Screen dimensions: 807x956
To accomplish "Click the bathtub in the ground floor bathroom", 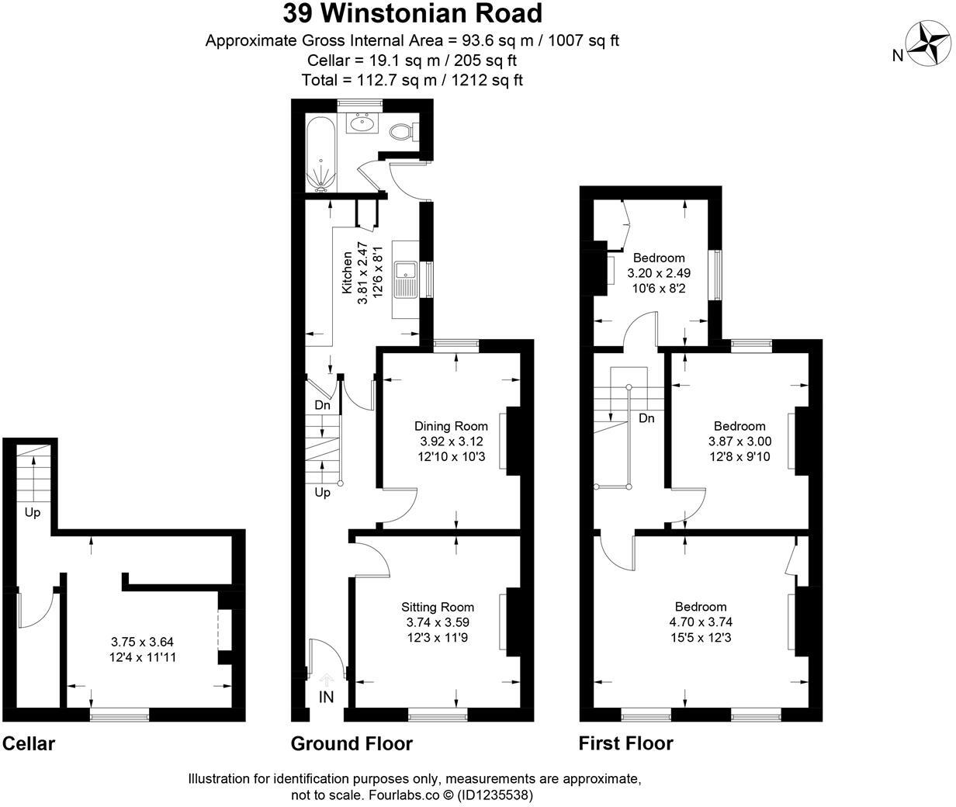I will point(320,154).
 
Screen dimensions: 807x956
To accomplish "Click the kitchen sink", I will point(406,280).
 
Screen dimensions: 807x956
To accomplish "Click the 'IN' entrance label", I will point(327,697).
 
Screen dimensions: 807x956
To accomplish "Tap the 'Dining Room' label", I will point(451,426).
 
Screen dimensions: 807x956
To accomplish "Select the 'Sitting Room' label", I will point(438,607).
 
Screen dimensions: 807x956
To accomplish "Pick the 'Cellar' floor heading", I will point(29,744).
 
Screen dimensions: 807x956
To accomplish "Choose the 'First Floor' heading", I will point(625,743).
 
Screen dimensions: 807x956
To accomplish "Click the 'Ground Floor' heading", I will point(352,743).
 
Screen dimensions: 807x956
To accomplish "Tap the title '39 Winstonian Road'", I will point(412,13).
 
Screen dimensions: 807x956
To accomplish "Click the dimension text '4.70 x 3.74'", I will point(701,622).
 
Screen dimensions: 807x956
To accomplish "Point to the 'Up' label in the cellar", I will point(33,513).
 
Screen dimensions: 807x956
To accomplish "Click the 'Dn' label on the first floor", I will point(646,418).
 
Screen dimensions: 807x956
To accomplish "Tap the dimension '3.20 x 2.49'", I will point(659,273).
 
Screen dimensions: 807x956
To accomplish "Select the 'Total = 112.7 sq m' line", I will point(412,80).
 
